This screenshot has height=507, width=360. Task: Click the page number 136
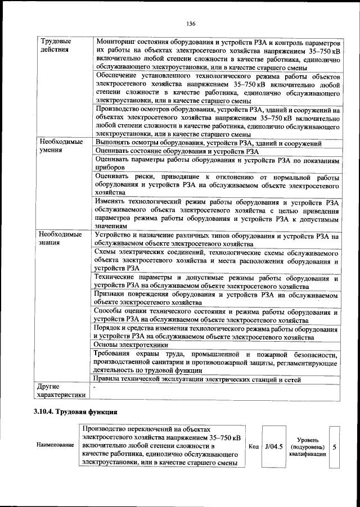pyautogui.click(x=191, y=24)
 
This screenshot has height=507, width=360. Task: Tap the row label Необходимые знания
pyautogui.click(x=60, y=238)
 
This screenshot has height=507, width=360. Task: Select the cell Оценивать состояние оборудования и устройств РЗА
pyautogui.click(x=177, y=151)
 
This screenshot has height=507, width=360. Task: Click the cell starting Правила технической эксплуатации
pyautogui.click(x=205, y=380)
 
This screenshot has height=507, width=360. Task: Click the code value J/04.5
pyautogui.click(x=273, y=446)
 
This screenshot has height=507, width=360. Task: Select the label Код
pyautogui.click(x=253, y=446)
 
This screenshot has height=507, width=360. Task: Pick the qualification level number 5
pyautogui.click(x=335, y=446)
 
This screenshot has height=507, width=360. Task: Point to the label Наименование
pyautogui.click(x=55, y=446)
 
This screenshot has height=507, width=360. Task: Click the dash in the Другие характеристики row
pyautogui.click(x=94, y=387)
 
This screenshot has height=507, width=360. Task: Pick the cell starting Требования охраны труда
pyautogui.click(x=216, y=362)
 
